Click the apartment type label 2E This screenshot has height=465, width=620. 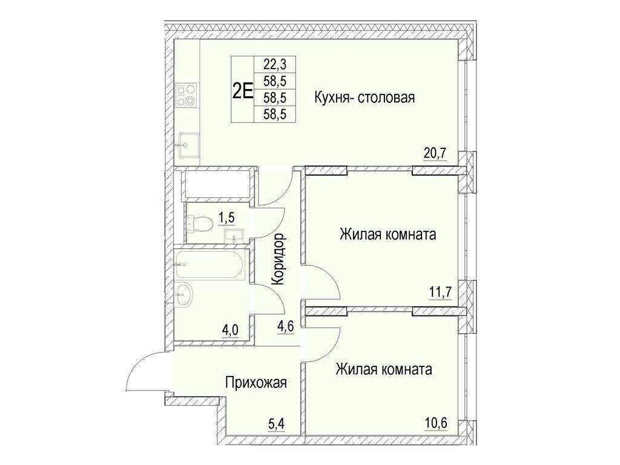point(242,90)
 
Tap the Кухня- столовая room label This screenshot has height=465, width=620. point(364,97)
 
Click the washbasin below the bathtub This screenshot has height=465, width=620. point(184,295)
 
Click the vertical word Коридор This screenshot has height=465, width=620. point(279,260)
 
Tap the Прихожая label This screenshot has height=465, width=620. point(255,383)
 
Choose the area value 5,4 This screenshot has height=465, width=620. point(275,423)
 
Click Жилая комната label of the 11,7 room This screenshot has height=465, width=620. point(387,234)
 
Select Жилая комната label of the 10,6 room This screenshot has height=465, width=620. point(384,369)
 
